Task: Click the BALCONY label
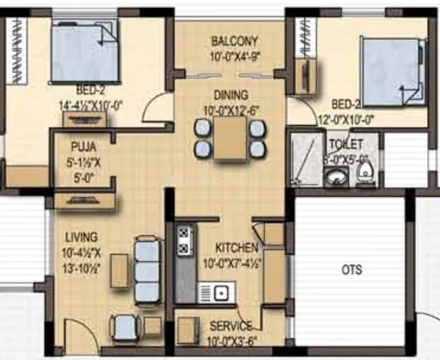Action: click(234, 42)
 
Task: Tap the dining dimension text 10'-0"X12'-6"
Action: click(231, 111)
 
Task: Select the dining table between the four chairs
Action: click(230, 139)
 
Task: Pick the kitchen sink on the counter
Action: click(216, 292)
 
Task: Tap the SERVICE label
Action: click(231, 326)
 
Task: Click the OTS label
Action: click(352, 270)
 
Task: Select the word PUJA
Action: click(82, 148)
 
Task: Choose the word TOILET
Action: click(346, 144)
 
